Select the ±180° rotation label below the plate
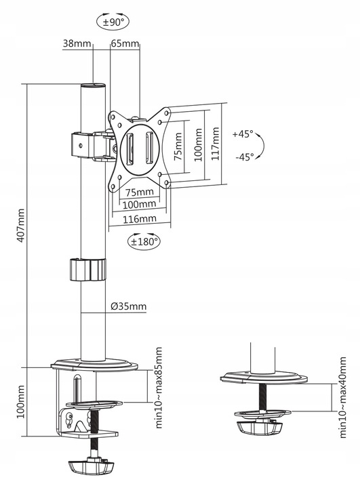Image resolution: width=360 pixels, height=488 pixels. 143,240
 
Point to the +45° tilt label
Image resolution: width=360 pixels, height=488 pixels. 242,134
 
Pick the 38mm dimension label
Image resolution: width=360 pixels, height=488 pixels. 77,44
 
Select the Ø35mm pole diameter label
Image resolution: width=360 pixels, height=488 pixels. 128,306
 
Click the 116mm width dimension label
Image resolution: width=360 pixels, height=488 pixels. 139,219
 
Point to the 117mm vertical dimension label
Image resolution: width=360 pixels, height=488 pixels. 216,143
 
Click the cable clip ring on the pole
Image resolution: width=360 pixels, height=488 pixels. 87,269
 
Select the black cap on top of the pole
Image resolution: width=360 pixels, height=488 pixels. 93,86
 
